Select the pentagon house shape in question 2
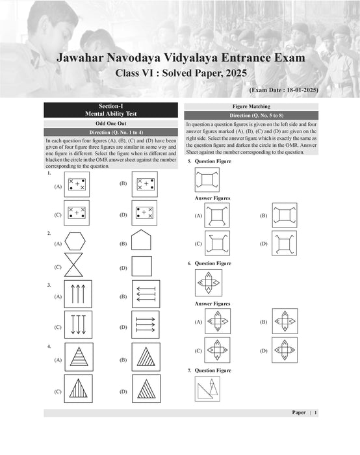(141, 241)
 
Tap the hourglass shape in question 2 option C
(75, 266)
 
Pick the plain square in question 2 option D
(141, 266)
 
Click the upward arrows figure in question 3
(78, 294)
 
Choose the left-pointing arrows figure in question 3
(146, 294)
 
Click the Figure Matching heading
(251, 106)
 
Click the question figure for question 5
(207, 179)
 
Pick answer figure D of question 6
(284, 350)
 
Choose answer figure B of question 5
(284, 215)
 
